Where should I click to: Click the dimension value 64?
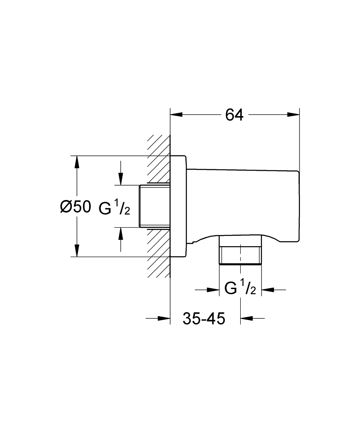pos(235,115)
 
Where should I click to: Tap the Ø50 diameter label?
pos(76,207)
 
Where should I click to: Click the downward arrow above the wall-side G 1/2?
pos(121,179)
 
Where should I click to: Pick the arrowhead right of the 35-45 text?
pos(246,319)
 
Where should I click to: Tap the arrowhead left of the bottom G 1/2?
pos(213,289)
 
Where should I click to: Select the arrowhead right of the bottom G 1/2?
pos(268,289)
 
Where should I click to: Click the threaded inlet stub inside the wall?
pos(155,206)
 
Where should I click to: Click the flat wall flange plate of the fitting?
pos(178,206)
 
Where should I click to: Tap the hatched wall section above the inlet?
pos(158,160)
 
